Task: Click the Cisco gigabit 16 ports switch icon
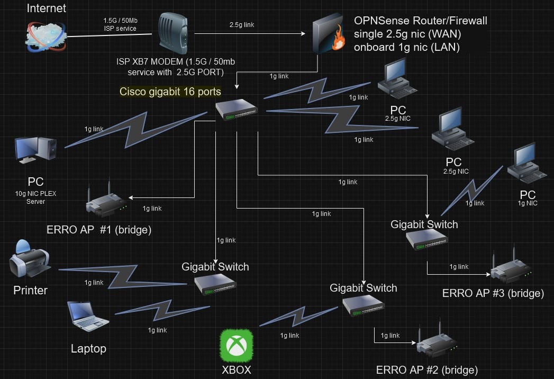click(x=236, y=109)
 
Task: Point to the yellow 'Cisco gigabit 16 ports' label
click(x=170, y=92)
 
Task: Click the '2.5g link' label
click(x=242, y=24)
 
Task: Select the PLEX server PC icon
click(x=35, y=150)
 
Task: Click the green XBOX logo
click(x=236, y=346)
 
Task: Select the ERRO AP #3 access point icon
click(x=511, y=269)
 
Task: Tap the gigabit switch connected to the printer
click(x=215, y=284)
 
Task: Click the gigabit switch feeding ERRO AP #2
click(x=363, y=305)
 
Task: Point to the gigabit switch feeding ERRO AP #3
click(x=426, y=240)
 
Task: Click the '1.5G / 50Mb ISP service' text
click(x=120, y=24)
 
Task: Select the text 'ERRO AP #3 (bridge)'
click(x=493, y=293)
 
